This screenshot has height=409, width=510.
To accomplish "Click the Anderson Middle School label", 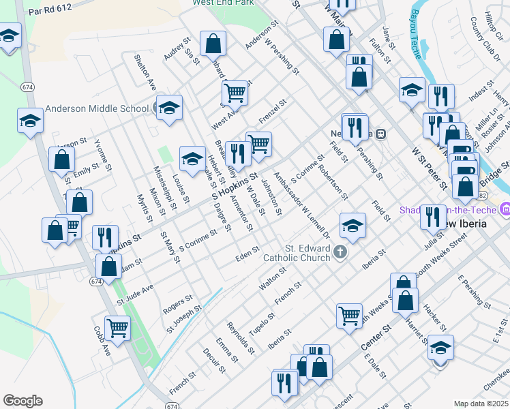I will pos(97,108).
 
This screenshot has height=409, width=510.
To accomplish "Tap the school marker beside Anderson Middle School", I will pos(169,108).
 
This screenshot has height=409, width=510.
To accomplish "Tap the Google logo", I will pos(22,401).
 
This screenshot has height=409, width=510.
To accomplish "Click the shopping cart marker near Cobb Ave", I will pos(117,328).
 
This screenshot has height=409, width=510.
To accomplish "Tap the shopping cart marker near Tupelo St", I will pos(349,315).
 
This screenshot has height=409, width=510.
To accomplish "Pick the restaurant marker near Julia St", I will pos(432,217).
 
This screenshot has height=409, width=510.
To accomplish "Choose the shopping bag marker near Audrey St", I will pos(213,44).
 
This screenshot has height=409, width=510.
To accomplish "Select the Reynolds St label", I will pos(241,338).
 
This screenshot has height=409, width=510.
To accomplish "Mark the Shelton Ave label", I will pos(145,72).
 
